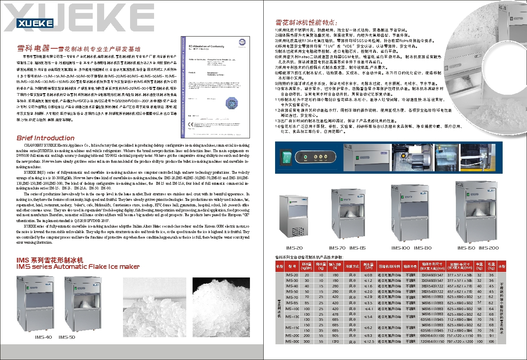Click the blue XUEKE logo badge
coord(35,23)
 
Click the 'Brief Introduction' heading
coord(45,138)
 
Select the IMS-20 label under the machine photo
coord(294,248)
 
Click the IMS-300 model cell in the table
coord(292,342)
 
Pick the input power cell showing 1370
coord(335,342)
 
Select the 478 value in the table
coord(335,314)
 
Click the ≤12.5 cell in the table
coord(368,342)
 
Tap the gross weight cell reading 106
coord(491,342)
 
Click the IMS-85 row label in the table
coord(292,303)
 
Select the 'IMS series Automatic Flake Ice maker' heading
coord(78,267)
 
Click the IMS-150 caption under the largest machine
coord(466,248)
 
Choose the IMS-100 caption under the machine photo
coord(400,248)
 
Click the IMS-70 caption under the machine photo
coord(337,248)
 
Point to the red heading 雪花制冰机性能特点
coord(306,22)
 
